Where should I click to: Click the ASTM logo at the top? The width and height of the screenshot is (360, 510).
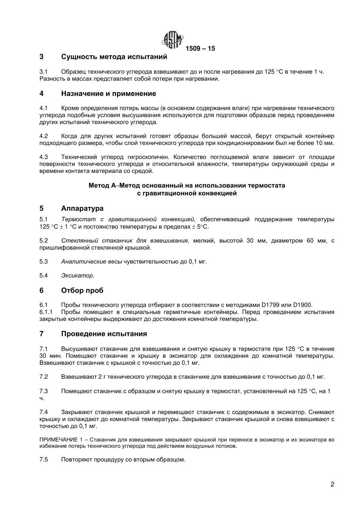173,39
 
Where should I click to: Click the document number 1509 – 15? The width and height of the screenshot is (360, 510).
200,49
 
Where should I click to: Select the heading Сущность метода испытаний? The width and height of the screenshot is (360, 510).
114,57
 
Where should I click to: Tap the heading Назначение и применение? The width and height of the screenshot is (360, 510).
108,94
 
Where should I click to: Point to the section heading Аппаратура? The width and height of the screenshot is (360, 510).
82,209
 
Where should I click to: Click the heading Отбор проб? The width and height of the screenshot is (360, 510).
82,290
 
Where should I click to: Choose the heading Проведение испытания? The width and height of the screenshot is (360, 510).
104,334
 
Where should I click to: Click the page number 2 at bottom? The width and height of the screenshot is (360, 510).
332,484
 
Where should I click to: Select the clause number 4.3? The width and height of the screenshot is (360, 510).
44,157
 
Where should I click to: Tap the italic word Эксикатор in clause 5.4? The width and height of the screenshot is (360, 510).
77,276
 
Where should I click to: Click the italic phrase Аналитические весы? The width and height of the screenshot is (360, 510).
91,262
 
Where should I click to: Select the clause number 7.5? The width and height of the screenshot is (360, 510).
44,460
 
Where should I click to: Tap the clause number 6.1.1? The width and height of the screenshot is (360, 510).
46,312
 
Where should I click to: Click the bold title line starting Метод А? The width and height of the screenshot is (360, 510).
186,186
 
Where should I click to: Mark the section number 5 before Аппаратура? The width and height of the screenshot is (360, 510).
41,209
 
